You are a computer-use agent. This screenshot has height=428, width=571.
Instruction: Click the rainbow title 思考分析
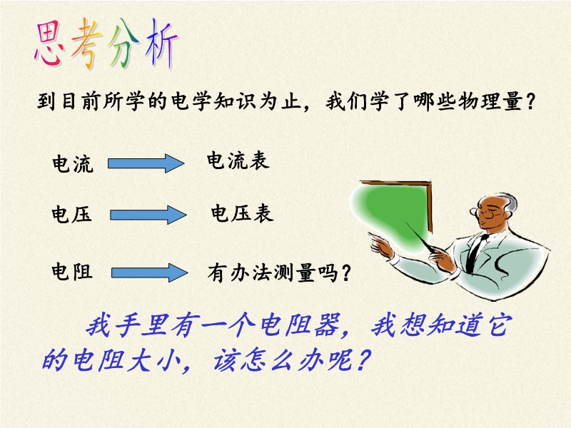coord(106,44)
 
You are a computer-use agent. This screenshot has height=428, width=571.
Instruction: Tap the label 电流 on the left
coord(73,163)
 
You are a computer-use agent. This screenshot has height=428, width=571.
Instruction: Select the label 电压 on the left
coord(71,213)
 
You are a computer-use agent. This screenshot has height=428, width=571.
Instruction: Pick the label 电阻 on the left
coord(72,272)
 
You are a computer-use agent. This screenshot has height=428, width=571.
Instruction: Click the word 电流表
coord(238,160)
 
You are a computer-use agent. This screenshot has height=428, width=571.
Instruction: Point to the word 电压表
coord(242,213)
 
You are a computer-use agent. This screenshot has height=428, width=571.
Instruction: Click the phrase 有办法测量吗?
coord(279,272)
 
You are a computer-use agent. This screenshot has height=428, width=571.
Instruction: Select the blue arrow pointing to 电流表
coord(146,163)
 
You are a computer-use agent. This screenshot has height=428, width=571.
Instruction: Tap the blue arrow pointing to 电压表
coord(148,215)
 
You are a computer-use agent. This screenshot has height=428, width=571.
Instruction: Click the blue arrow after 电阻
coord(150,272)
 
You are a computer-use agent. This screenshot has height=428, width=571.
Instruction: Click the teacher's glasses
coord(485,212)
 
